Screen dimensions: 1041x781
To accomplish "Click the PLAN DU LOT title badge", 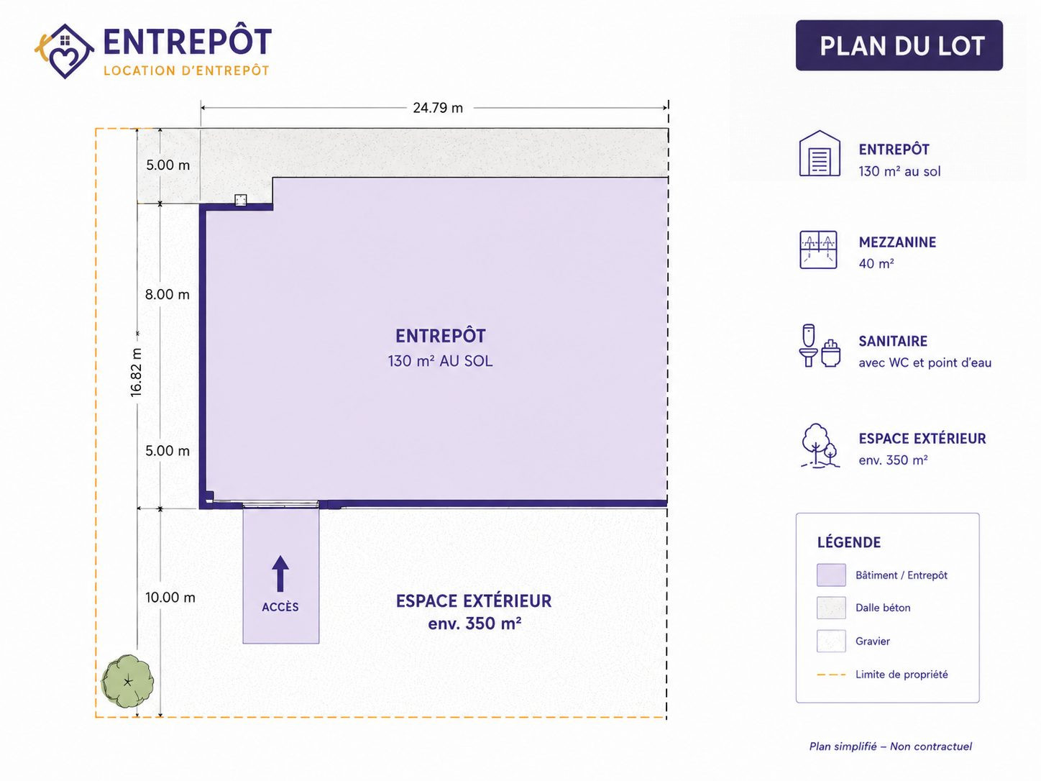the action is click(899, 45).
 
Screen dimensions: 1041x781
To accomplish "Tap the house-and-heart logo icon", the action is click(65, 51).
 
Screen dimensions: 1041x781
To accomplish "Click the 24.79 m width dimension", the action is click(437, 108).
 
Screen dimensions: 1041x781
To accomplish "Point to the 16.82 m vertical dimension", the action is click(136, 372).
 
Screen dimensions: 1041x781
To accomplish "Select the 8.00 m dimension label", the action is click(167, 294).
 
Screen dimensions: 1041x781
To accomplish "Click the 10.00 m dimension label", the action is click(170, 598).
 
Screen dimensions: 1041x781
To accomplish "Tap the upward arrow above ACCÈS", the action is click(280, 574).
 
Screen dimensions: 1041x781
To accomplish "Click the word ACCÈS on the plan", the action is click(280, 607).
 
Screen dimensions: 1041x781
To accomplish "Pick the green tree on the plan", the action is click(127, 682).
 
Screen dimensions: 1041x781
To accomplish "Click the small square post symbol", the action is click(241, 200).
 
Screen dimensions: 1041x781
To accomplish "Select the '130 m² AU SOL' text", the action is click(440, 361).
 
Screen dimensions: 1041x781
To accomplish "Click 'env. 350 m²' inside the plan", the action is click(474, 624).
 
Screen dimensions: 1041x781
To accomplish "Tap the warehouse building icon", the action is click(820, 153).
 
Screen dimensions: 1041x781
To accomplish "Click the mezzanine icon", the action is click(818, 250).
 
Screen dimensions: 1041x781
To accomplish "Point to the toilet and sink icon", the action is click(820, 346).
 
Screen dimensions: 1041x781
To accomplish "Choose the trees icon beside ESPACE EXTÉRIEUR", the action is click(820, 446).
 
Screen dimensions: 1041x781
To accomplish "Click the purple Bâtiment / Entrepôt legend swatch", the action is click(831, 575).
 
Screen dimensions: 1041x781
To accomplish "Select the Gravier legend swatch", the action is click(831, 641).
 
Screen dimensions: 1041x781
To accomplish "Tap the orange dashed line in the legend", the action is click(831, 675).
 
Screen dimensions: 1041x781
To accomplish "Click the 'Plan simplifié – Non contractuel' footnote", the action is click(890, 746).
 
